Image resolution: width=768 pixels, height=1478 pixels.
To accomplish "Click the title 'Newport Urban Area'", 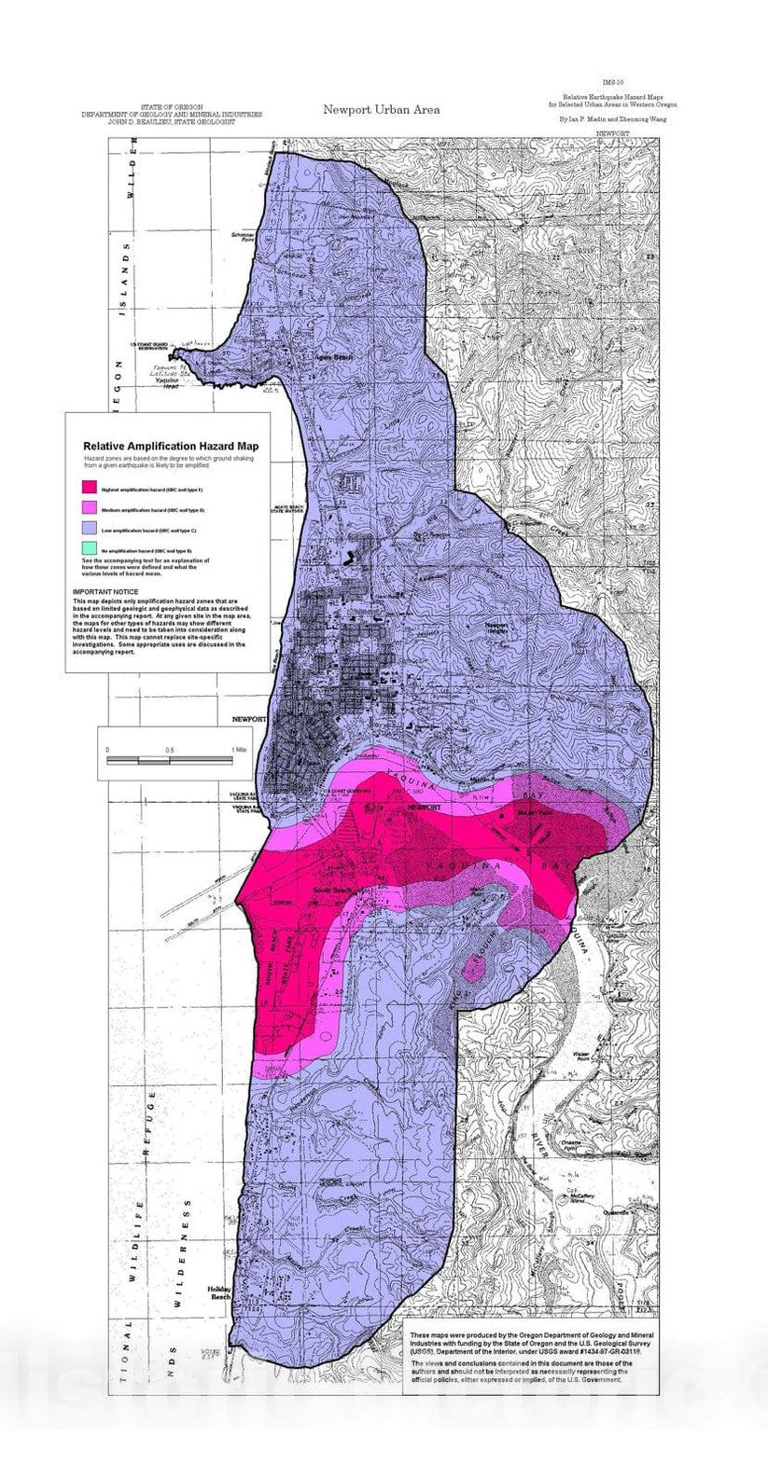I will point(381,110).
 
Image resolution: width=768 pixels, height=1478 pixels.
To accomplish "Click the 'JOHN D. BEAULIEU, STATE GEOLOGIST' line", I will point(172,122).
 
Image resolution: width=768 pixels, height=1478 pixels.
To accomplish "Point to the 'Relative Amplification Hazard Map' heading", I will point(171,446).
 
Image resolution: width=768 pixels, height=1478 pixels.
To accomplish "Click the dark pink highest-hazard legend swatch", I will point(90,487).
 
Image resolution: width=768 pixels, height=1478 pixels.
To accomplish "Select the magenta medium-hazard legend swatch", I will point(90,508).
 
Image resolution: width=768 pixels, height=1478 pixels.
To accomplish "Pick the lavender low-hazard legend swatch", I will point(90,530).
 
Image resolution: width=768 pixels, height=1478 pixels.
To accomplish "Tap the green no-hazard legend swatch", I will point(90,549).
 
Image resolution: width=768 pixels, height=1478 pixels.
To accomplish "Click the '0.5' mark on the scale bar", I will point(169,750).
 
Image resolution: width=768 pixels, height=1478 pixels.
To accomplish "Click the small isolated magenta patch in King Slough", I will point(474,971).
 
